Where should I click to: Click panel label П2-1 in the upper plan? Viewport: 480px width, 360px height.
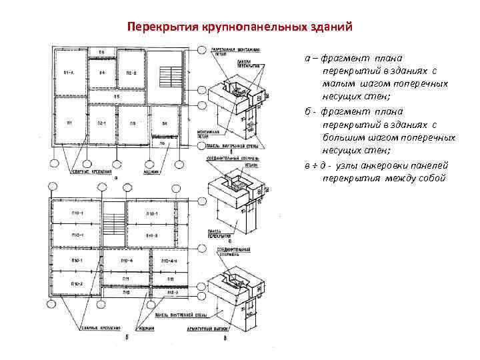[102, 124]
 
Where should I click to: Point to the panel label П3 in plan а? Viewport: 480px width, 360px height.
[133, 124]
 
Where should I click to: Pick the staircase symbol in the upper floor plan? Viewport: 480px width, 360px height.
[170, 73]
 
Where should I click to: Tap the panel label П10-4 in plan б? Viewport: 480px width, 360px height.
[127, 261]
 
